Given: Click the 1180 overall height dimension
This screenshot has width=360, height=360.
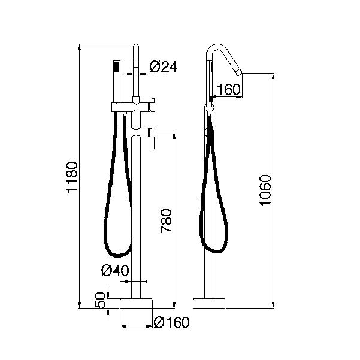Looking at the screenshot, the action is (x=72, y=177).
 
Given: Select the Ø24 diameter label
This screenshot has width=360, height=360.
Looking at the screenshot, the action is (x=164, y=67).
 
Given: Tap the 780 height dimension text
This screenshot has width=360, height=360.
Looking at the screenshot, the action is (x=166, y=221).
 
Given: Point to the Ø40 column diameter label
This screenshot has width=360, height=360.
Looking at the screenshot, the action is (x=115, y=270).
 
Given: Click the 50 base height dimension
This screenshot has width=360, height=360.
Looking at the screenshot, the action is (x=100, y=300).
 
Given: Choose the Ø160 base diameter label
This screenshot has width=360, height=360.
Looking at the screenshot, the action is (x=171, y=322).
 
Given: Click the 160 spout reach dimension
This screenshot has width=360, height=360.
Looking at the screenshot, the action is (x=228, y=89).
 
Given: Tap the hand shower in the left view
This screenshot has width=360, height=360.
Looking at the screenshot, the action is (x=117, y=81).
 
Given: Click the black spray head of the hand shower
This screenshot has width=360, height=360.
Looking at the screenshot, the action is (x=117, y=66).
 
